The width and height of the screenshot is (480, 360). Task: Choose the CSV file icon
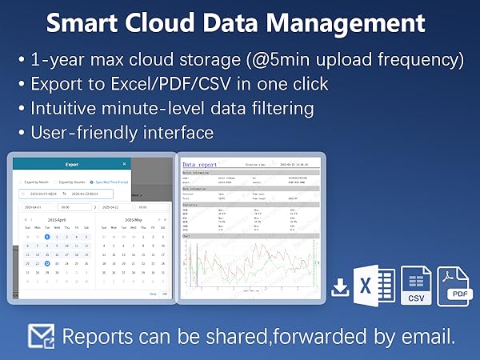415,286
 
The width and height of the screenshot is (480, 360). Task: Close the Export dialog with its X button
124,164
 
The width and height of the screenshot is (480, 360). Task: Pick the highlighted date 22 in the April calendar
47,262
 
